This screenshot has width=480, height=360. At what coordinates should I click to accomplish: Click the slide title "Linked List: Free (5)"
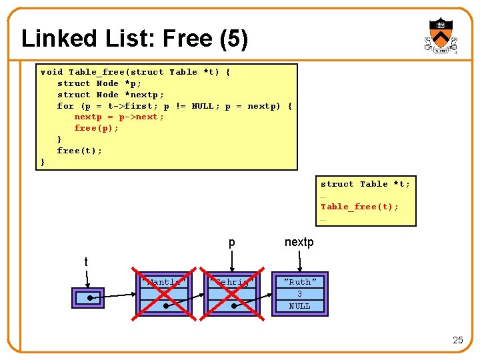pos(135,39)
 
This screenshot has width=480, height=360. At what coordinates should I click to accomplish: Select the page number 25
pos(457,340)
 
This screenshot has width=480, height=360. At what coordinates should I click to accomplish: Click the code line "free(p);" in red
pos(97,128)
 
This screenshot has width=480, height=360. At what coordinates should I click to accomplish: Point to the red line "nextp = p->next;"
pos(119,117)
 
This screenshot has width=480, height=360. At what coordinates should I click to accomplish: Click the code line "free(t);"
pos(80,151)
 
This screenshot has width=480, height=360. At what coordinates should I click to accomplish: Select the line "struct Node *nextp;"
pos(111,95)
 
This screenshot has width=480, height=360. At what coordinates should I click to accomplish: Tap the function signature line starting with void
pos(135,72)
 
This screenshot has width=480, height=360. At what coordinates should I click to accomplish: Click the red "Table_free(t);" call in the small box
pos(360,207)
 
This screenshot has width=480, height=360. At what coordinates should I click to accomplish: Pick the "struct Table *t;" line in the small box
pos(365,184)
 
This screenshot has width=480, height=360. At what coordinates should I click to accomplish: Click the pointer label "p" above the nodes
pos(231,243)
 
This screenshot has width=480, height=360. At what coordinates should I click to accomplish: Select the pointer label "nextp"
pos(299,242)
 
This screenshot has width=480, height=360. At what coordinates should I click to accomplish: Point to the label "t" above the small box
pos(86,262)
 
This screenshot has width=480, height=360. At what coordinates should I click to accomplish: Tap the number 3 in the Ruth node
pos(299,294)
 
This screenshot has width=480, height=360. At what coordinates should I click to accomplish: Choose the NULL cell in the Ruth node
pos(299,306)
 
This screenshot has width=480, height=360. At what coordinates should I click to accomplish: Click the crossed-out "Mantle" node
pos(162,293)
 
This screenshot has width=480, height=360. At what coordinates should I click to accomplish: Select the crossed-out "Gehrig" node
pos(231,293)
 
